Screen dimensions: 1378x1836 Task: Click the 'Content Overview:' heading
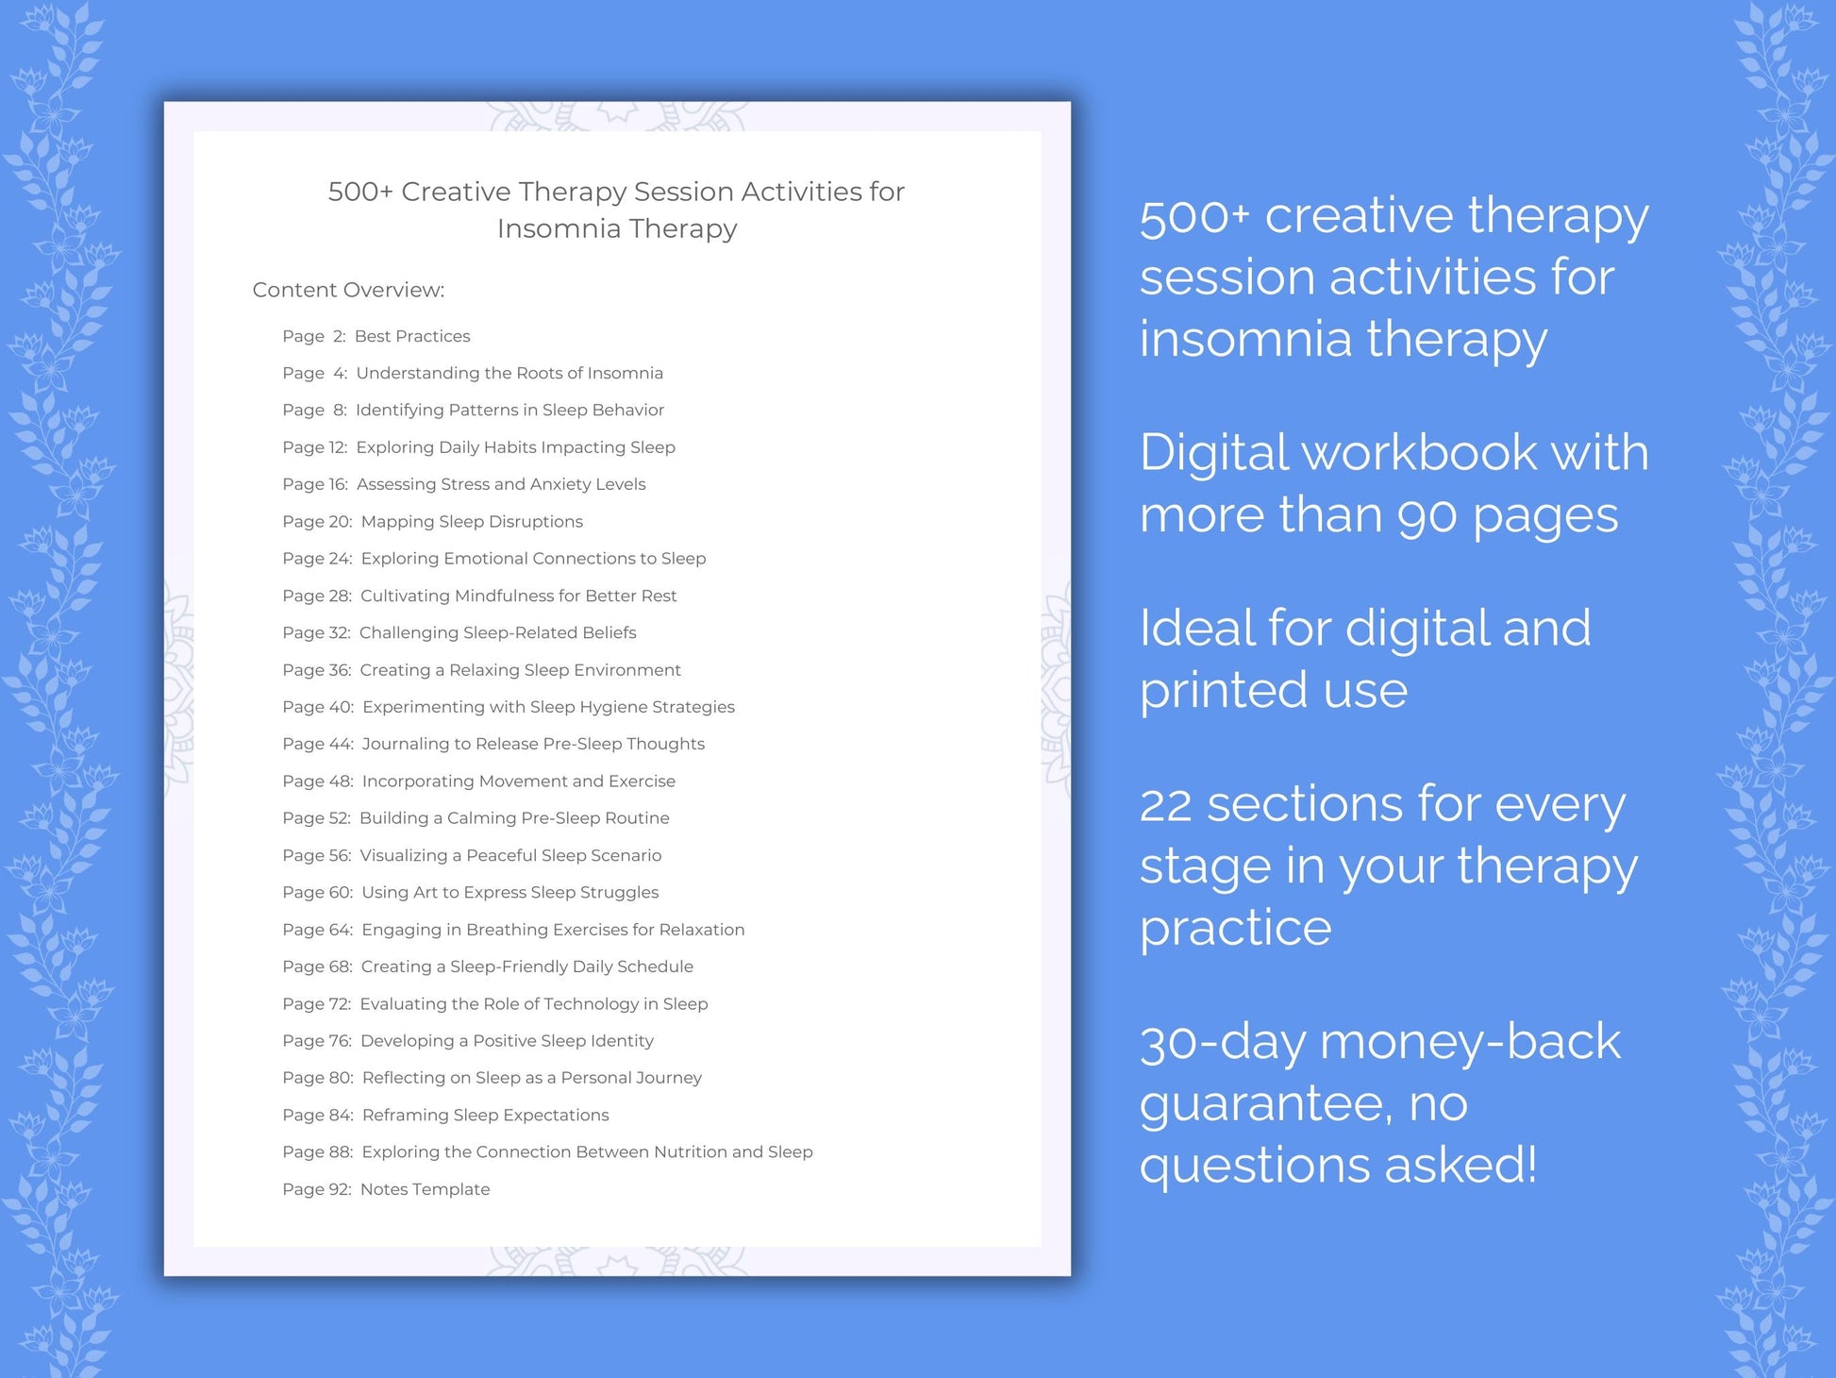tap(348, 290)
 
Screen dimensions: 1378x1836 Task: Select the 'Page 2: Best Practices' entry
tap(376, 336)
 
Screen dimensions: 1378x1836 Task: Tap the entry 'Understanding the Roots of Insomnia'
tap(509, 373)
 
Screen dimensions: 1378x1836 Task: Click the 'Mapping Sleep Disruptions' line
tap(472, 521)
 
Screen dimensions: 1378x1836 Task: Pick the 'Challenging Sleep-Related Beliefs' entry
tap(497, 632)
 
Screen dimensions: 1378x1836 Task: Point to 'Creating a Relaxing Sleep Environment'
tap(520, 670)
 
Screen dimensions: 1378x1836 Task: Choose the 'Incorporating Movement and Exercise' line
tap(518, 781)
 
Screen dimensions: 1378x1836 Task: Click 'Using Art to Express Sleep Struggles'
tap(509, 892)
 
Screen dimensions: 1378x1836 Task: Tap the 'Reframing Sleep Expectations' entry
tap(485, 1115)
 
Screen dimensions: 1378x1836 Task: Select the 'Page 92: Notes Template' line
tap(386, 1189)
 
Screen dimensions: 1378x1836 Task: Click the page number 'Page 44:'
tap(318, 744)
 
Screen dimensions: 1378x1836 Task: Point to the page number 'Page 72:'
tap(317, 1003)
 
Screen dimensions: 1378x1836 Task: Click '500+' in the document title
tap(359, 192)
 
